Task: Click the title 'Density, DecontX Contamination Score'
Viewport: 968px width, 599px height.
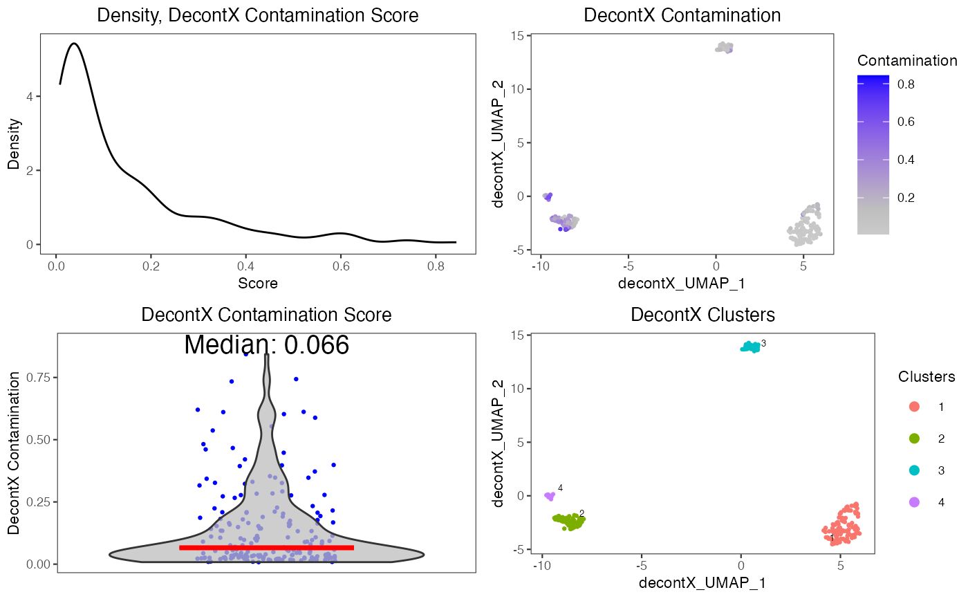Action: tap(257, 15)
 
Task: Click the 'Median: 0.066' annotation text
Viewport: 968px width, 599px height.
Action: tap(266, 345)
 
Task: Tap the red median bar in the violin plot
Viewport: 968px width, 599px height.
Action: tap(266, 547)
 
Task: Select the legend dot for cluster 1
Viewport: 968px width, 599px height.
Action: tap(914, 407)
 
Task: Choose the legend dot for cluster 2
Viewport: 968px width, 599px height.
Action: tap(914, 439)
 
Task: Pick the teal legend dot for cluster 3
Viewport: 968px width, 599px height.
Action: tap(914, 470)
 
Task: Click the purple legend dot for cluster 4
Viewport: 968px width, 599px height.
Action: tap(914, 502)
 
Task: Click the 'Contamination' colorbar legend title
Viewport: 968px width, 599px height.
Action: tap(907, 61)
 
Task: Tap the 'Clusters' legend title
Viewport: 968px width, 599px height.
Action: tap(927, 377)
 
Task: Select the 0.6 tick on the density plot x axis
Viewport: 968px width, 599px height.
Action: tap(339, 266)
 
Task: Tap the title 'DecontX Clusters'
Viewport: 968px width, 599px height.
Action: tap(702, 315)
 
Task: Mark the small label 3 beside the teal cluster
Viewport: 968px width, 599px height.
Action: tap(763, 344)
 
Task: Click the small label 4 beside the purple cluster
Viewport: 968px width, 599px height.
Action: tap(560, 488)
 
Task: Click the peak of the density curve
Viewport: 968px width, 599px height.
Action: tap(73, 44)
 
